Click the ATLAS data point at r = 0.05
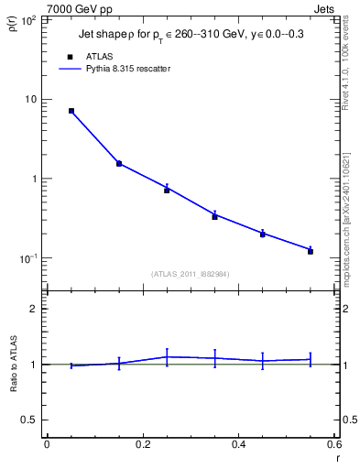coord(71,111)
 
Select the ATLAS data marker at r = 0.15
coord(119,164)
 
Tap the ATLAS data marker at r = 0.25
coord(167,191)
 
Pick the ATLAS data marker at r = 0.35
coord(214,216)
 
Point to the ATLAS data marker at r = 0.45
coord(262,234)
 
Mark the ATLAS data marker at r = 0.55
coord(311,251)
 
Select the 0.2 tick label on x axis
coord(142,444)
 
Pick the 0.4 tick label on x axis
coord(238,444)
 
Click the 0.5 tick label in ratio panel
coord(29,420)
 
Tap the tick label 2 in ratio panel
coord(35,310)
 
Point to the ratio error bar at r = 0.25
coord(167,356)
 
